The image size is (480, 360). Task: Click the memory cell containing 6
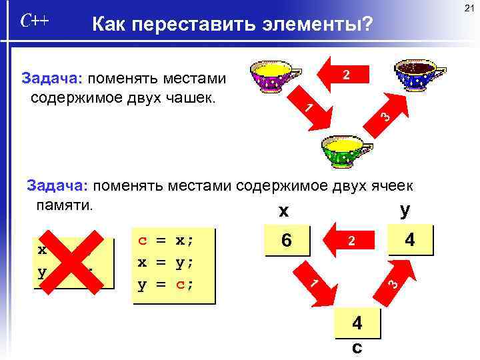coord(287,241)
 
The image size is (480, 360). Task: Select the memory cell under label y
coord(411,240)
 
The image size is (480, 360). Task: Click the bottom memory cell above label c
coord(357,323)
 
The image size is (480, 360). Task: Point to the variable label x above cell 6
coord(284,212)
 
